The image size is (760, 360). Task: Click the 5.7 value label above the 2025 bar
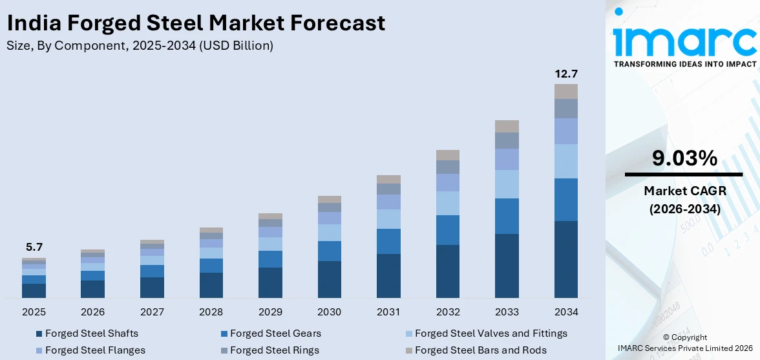[34, 247]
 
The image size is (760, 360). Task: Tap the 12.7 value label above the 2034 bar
[565, 74]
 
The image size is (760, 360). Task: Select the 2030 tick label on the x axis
[329, 312]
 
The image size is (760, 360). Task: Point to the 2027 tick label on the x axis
[152, 312]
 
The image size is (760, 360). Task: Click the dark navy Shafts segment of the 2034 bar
[565, 259]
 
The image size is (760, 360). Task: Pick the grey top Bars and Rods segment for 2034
[565, 91]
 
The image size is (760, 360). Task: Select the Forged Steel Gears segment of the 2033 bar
[507, 216]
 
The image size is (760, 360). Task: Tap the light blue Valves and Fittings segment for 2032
[447, 203]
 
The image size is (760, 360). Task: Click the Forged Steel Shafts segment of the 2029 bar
[270, 282]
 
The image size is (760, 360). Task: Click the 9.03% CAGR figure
[684, 158]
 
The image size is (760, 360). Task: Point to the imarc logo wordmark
[684, 39]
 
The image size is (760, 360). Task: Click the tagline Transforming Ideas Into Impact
[684, 64]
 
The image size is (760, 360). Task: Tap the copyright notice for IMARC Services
[684, 343]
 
